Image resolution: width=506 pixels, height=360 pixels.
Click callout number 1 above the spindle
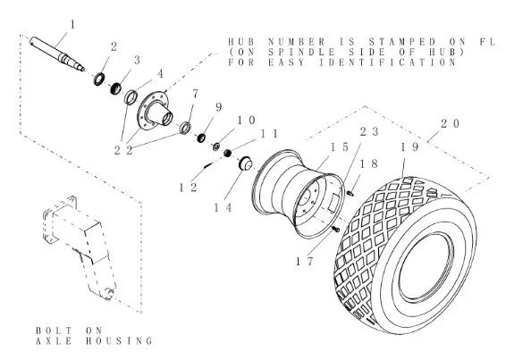tap(72, 24)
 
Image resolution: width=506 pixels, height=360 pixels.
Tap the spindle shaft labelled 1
tap(57, 54)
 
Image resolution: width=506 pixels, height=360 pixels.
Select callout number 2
tap(114, 47)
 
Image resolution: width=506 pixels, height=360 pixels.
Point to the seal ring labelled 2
tap(99, 80)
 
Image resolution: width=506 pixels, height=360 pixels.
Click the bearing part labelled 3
tap(115, 88)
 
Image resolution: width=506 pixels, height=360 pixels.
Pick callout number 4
tap(160, 74)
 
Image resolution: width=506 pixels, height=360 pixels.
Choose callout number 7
tap(195, 94)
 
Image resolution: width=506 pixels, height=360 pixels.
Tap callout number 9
tap(219, 107)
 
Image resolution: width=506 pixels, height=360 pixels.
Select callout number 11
tap(269, 134)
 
